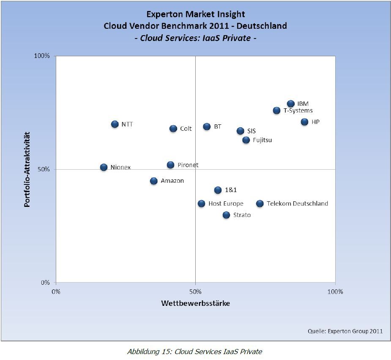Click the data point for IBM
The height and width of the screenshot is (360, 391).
(291, 104)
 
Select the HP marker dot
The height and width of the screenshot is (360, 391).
(305, 122)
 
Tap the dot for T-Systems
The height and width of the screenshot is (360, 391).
(277, 110)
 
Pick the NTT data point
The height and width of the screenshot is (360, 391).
(115, 124)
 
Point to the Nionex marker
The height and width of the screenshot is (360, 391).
(104, 167)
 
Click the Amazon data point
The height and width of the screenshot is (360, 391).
(154, 181)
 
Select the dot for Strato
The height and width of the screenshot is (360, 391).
(226, 215)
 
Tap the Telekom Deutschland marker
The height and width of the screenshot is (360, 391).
(260, 203)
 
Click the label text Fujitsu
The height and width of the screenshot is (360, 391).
(262, 140)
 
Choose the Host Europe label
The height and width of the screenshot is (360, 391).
(226, 203)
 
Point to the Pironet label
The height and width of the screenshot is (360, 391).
(188, 165)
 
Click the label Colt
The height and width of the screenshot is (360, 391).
(186, 129)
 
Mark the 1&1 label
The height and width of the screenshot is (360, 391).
(231, 190)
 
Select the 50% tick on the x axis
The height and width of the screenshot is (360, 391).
(195, 291)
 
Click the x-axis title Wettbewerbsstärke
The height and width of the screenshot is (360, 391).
(195, 303)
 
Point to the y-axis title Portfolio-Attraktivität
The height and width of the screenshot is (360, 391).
(27, 169)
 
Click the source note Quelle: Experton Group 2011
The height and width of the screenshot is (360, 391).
(345, 331)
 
